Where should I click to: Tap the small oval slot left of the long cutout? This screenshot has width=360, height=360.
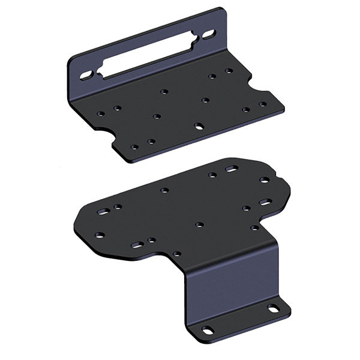point(86,75)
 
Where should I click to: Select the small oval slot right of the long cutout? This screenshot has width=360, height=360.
point(208,35)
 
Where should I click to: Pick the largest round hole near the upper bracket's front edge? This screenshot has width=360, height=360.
point(199,127)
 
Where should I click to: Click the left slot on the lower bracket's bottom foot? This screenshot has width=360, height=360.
point(207,329)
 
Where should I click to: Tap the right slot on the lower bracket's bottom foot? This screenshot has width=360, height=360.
point(273,308)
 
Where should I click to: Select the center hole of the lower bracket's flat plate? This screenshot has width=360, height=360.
point(199,224)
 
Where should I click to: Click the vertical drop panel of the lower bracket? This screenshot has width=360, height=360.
point(231,282)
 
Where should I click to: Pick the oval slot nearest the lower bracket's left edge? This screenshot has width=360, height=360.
point(103,212)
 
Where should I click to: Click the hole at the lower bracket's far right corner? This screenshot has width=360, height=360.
point(264,179)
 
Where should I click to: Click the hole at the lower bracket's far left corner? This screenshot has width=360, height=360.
point(100,235)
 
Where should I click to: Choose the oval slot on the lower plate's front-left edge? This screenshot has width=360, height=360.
point(137,245)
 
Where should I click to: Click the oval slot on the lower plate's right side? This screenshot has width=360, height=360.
point(264,202)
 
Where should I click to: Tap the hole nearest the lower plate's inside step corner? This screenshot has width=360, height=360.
point(177,253)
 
